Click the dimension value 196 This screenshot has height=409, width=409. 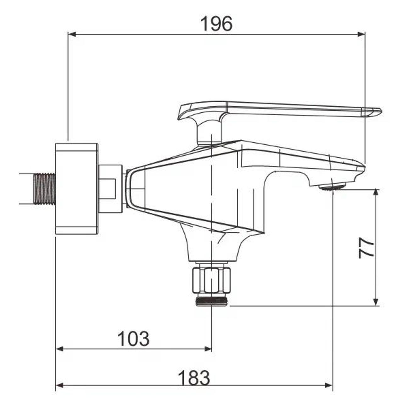tap(216, 24)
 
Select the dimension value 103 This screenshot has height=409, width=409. tap(133, 339)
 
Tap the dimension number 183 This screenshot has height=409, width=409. tap(194, 378)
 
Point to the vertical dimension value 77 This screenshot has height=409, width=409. tap(367, 248)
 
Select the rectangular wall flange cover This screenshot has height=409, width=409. tap(77, 189)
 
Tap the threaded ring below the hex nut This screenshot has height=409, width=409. tap(212, 301)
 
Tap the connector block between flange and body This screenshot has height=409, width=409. tap(110, 189)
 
